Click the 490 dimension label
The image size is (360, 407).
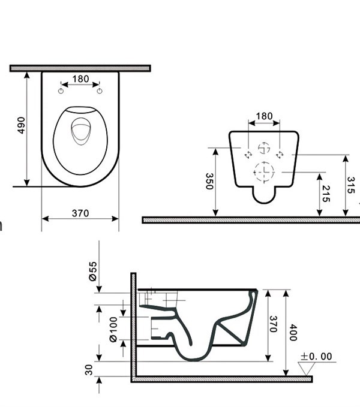click(x=21, y=125)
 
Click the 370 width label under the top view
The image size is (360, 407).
click(x=80, y=213)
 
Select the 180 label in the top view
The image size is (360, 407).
click(x=80, y=79)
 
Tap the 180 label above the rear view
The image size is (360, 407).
click(x=264, y=116)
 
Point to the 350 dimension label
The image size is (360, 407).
click(x=209, y=181)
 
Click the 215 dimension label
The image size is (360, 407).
click(x=326, y=194)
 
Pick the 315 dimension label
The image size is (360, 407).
click(x=351, y=185)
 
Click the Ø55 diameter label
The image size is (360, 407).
click(x=93, y=272)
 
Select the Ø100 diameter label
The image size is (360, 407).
click(x=113, y=330)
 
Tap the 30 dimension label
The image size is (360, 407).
click(x=89, y=370)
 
